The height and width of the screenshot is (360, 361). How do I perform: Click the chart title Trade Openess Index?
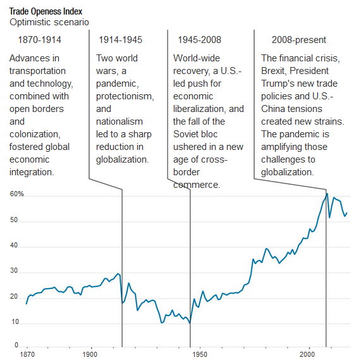coord(46,11)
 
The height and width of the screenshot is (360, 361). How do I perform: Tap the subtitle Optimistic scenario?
coord(49,22)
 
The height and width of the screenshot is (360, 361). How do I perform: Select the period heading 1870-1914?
coord(40,40)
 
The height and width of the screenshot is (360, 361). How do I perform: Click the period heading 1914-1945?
coord(120,40)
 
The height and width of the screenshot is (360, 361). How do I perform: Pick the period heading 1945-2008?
coord(199,40)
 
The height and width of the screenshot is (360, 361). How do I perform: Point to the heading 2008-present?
coord(299,40)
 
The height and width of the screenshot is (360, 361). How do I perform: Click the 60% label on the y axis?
coord(17,194)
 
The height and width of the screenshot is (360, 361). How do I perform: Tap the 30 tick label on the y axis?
coord(14,271)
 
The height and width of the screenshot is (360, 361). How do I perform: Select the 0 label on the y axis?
coord(16,345)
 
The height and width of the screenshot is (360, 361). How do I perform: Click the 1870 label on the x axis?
coord(27,354)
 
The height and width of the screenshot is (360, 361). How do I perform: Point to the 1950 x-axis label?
coord(200,354)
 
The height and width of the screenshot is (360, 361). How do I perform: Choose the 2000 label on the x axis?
coord(309,354)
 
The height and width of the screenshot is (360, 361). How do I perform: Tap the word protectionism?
coord(125,96)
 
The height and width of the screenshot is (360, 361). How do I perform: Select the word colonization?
coord(35,134)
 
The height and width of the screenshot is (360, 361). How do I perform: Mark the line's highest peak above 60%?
coord(327,194)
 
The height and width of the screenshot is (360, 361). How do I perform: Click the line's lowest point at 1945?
coord(190,323)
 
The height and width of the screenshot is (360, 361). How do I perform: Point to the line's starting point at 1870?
coord(27,304)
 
